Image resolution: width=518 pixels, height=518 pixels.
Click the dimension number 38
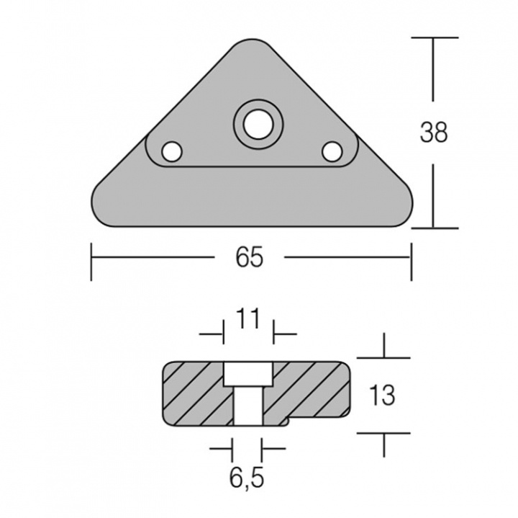coord(434,132)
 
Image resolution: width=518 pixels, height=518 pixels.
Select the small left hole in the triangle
coord(171,152)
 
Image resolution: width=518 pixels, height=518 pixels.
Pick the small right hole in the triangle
coord(332,151)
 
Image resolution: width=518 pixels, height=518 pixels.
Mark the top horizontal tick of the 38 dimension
coord(434,37)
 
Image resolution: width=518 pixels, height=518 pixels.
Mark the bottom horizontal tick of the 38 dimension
coord(434,228)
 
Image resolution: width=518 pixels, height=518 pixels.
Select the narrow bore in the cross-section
coord(247,408)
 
